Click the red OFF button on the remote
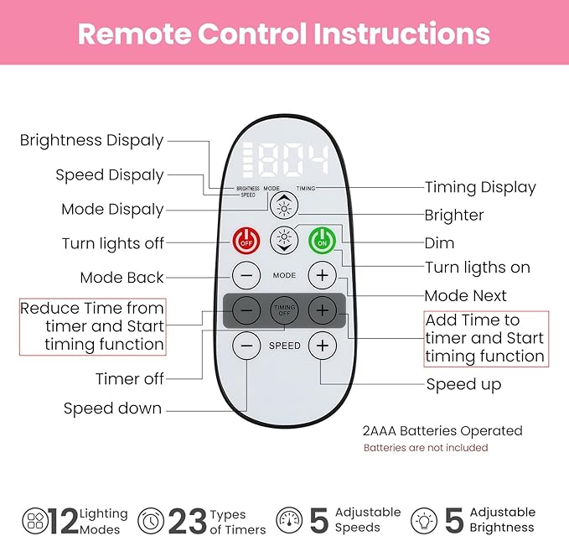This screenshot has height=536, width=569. [x=246, y=240]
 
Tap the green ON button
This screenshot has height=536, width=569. [x=322, y=240]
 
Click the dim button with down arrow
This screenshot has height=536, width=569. [x=284, y=241]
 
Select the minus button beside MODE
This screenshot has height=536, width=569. [x=246, y=274]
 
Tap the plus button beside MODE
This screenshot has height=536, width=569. [x=322, y=274]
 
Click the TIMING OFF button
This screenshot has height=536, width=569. [x=284, y=310]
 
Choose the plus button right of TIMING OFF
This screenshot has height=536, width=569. [x=322, y=310]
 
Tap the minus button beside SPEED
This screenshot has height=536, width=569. [x=246, y=345]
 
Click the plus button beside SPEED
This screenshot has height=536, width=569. [x=322, y=345]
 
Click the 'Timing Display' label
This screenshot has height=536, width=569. [x=480, y=187]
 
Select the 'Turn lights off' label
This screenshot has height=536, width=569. [x=113, y=243]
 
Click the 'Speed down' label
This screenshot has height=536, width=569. [x=113, y=409]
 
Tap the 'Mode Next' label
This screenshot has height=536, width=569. [x=466, y=295]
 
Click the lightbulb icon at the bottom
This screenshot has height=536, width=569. [x=429, y=519]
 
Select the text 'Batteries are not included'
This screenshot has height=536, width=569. [x=426, y=448]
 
